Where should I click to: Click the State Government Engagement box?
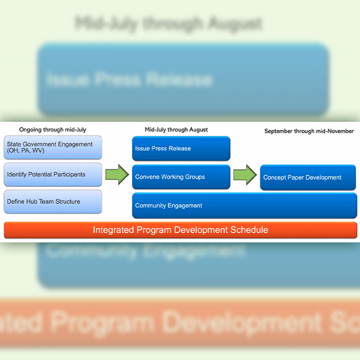[53, 148]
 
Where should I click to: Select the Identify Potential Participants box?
[53, 175]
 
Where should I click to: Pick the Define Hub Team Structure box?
[53, 202]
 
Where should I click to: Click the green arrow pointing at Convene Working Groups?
[116, 175]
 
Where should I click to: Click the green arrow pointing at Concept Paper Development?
[244, 175]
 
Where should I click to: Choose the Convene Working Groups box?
[181, 177]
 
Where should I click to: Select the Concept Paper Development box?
[308, 178]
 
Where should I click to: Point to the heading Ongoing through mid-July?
[52, 130]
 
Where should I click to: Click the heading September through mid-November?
[309, 131]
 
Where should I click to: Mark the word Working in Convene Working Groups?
[175, 177]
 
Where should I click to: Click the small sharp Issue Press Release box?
[181, 148]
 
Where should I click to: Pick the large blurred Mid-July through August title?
[169, 24]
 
